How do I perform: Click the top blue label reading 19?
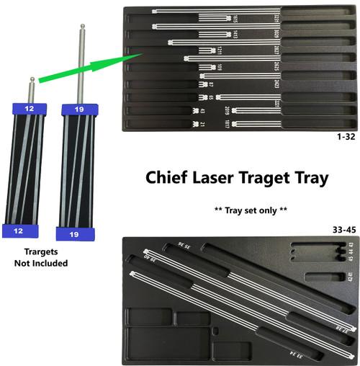tap(78, 110)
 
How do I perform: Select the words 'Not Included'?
tap(40, 264)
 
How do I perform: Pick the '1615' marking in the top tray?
tap(235, 18)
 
